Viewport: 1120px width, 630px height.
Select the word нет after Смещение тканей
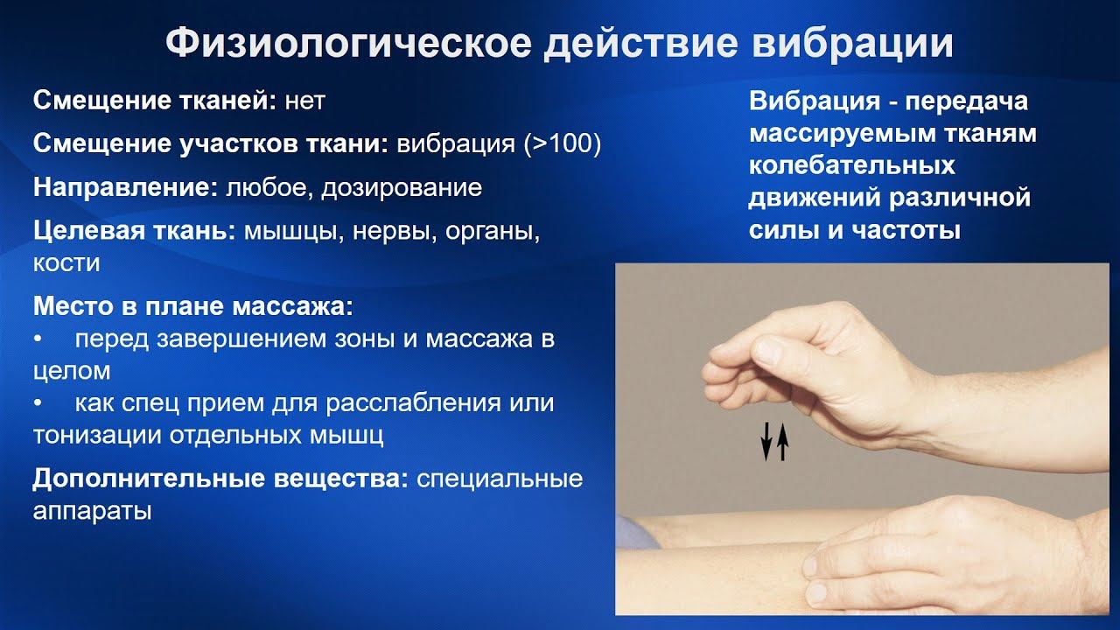click(x=305, y=101)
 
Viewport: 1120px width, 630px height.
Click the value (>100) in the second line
click(x=563, y=144)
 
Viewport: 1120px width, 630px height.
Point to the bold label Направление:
click(x=126, y=188)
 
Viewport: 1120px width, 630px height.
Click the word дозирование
click(x=402, y=188)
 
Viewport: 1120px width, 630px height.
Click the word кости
click(x=66, y=262)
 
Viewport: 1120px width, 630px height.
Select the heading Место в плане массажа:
click(x=193, y=307)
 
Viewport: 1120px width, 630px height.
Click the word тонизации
click(x=91, y=435)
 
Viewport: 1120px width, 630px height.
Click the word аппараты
click(x=93, y=510)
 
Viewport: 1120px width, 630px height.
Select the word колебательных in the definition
click(x=851, y=166)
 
